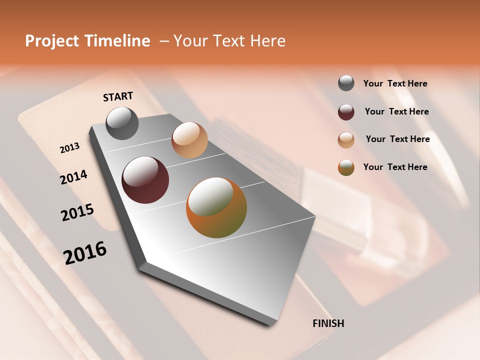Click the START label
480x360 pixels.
pos(118,96)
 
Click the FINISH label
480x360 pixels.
pos(328,323)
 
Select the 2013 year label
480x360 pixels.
pos(69,148)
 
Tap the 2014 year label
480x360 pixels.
pos(73,177)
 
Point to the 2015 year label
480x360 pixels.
pos(77,212)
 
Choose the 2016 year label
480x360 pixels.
pos(85,252)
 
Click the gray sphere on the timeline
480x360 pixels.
pos(122,123)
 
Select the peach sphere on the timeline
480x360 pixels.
pos(189,140)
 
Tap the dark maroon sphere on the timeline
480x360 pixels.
pos(145,180)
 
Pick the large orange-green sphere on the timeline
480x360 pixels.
pos(216,207)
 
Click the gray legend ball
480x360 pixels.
pos(346,83)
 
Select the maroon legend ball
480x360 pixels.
pos(346,112)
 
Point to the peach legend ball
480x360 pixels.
pos(346,140)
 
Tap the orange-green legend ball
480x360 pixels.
pos(346,167)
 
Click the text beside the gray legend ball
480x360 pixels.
pos(395,83)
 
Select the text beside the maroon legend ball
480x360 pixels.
pos(396,111)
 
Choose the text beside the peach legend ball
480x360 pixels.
pos(397,139)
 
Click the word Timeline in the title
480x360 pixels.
pos(116,41)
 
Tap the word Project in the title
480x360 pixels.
pos(52,41)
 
